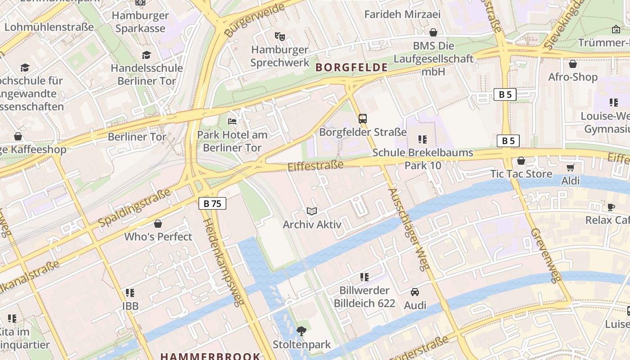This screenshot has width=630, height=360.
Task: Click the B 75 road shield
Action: [212, 203]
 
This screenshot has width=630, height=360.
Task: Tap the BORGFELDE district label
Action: [351, 67]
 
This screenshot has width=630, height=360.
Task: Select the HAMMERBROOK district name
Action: [210, 356]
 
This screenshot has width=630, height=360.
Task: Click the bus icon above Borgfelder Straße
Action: [363, 119]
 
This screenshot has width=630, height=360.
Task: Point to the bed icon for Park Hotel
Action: [232, 121]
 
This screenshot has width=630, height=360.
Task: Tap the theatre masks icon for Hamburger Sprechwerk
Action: [280, 36]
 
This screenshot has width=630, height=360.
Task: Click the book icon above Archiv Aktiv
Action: [312, 211]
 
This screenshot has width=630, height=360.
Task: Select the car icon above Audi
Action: [415, 292]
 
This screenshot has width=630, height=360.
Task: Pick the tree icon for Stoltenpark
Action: [301, 331]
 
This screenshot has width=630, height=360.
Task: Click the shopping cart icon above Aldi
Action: [571, 168]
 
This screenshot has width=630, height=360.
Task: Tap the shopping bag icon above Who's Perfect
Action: [158, 224]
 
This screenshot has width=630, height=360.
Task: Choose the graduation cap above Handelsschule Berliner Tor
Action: [147, 55]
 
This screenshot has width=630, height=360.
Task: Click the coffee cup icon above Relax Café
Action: [611, 207]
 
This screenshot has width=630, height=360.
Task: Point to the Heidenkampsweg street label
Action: [224, 262]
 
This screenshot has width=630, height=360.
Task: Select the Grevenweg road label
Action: [546, 255]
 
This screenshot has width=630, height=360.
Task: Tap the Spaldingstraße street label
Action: [135, 207]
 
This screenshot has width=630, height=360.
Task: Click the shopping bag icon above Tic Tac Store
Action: [521, 161]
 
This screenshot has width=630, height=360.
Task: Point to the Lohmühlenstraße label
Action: [49, 27]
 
